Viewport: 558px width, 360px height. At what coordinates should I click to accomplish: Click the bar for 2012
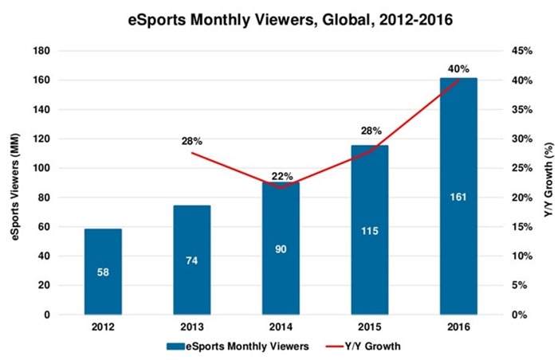coord(103,272)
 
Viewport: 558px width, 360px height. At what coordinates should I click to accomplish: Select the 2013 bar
coord(192,260)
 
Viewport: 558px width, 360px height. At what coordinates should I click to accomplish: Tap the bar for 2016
coord(458,197)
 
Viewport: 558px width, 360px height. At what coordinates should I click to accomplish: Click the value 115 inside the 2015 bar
coord(370,231)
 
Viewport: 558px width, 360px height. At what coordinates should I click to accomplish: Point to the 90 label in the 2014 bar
coord(281,249)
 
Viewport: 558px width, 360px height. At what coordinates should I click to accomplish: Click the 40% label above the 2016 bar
coord(458,69)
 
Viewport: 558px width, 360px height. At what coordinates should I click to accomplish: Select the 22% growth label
coord(282,176)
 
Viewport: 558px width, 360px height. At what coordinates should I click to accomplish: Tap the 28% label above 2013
coord(192,141)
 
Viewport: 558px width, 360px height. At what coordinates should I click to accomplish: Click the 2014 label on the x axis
coord(281,327)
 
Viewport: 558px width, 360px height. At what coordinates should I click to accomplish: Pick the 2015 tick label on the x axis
coord(370,327)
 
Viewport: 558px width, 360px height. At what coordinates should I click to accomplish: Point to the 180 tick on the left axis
coord(41,51)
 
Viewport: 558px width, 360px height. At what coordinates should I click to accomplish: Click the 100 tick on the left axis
coord(41,168)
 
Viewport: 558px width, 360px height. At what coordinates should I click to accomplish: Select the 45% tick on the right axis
coord(522,51)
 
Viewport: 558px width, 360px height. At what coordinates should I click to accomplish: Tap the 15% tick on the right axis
coord(522,227)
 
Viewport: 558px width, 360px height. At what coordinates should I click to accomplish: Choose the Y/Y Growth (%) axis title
coord(548,180)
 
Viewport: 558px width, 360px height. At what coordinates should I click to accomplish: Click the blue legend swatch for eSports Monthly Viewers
coord(175,346)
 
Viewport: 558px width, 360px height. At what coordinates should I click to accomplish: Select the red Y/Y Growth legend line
coord(335,346)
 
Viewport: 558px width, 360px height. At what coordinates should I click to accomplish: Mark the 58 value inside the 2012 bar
coord(103,272)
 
